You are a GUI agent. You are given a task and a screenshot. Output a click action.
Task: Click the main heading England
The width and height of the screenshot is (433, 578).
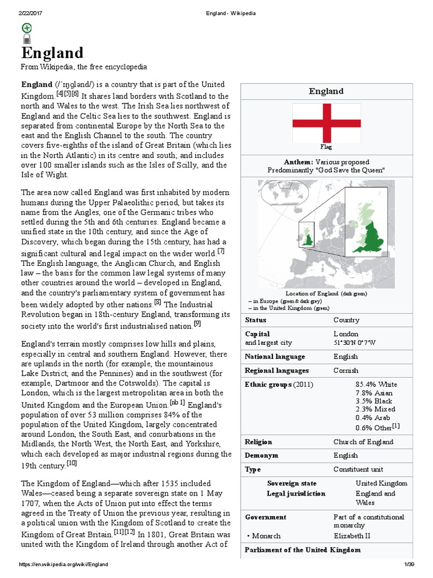click(52, 53)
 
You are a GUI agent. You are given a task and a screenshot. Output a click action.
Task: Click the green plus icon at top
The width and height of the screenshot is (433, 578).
click(26, 28)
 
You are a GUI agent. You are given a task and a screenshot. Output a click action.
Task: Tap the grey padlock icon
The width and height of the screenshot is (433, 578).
click(26, 39)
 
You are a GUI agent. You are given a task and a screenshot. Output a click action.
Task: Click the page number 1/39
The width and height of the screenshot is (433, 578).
click(409, 564)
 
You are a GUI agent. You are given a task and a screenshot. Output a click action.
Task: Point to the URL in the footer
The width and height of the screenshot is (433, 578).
click(63, 564)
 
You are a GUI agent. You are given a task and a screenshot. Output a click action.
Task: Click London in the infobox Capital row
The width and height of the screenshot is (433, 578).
click(346, 334)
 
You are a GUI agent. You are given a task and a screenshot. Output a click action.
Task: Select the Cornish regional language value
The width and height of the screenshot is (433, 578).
click(346, 371)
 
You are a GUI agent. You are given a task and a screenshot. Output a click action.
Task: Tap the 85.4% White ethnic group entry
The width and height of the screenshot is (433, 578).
click(376, 384)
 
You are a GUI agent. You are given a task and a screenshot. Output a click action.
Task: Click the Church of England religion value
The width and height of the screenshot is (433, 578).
click(363, 442)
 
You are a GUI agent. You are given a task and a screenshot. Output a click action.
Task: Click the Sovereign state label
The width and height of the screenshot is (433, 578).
click(291, 483)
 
